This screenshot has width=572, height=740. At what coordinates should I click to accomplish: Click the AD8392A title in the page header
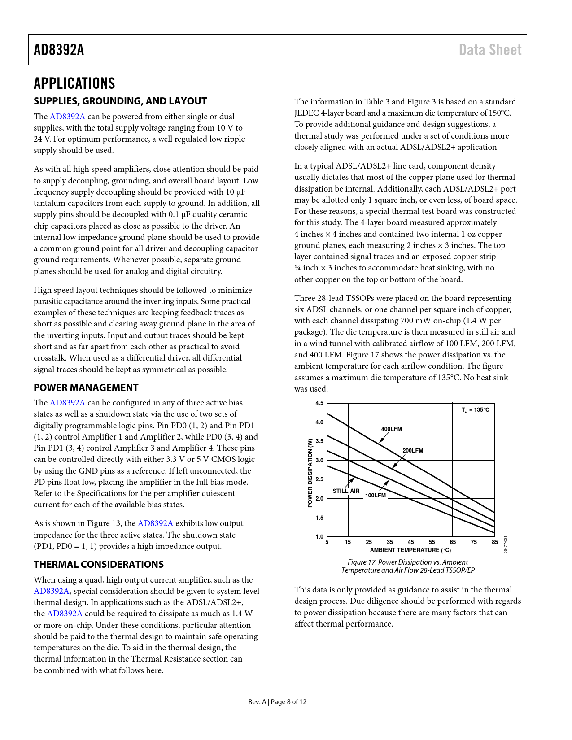click(x=59, y=50)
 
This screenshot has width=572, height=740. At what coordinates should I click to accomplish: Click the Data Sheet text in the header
click(x=490, y=50)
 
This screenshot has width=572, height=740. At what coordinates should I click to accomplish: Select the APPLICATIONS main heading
click(x=74, y=83)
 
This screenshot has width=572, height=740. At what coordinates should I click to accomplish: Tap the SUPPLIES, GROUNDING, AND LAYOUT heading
click(x=120, y=101)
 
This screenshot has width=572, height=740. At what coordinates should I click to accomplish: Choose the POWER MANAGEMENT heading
click(x=86, y=388)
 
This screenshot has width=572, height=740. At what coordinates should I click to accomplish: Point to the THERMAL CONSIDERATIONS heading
click(x=99, y=565)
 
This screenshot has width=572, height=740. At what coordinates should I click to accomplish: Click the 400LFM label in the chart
click(x=392, y=429)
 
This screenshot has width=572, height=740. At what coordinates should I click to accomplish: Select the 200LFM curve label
click(x=413, y=451)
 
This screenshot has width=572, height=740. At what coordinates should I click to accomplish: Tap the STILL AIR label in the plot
click(x=346, y=491)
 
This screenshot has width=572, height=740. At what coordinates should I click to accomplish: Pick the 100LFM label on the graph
click(x=376, y=496)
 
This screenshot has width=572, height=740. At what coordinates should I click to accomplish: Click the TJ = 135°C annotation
click(x=476, y=410)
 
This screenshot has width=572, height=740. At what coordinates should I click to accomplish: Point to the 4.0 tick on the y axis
click(x=319, y=422)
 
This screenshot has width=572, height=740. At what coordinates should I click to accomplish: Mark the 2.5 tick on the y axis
click(x=319, y=479)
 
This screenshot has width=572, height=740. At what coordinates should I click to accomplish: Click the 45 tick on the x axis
click(x=411, y=542)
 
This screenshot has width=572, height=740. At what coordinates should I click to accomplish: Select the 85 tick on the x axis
click(x=495, y=542)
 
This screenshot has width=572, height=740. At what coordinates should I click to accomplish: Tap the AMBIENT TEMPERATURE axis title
click(x=410, y=550)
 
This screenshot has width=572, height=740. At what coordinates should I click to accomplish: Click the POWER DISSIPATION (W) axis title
click(x=310, y=473)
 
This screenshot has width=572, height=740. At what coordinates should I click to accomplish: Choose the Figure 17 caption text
click(x=408, y=566)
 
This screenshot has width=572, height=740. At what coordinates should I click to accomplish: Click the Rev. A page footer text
click(x=277, y=702)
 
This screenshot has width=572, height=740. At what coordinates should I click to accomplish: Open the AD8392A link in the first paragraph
click(x=67, y=117)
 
